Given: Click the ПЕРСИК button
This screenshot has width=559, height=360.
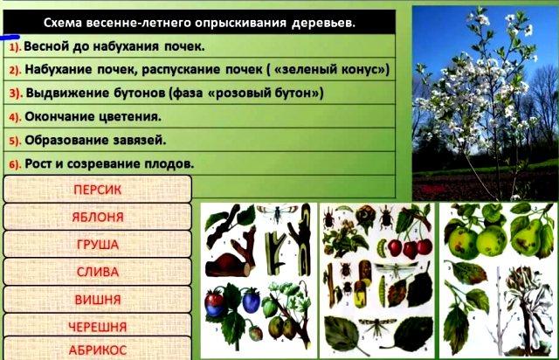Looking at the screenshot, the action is point(97,189).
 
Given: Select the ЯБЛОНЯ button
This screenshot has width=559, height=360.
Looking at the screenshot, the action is point(97,217).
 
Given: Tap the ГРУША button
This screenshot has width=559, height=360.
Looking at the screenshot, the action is point(97,244).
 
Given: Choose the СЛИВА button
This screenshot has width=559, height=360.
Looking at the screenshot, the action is point(97,272).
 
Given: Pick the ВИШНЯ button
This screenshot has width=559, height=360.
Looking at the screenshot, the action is point(97,300).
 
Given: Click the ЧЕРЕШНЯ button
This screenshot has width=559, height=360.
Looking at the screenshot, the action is point(97,327).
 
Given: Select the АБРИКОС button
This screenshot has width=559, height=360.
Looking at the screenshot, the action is point(97,350).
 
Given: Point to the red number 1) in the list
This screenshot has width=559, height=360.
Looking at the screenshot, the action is point(15,46).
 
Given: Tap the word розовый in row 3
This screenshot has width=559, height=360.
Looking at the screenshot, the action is point(242,93).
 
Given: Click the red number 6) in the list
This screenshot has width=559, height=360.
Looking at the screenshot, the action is point(15,164).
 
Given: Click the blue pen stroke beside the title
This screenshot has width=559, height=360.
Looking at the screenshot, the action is point(10,37).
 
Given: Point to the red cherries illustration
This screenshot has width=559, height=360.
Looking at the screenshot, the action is point(410,247).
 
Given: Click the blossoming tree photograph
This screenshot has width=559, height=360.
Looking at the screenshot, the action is point(486,103).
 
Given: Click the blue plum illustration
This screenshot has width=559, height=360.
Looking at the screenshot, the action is point(251,301).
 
